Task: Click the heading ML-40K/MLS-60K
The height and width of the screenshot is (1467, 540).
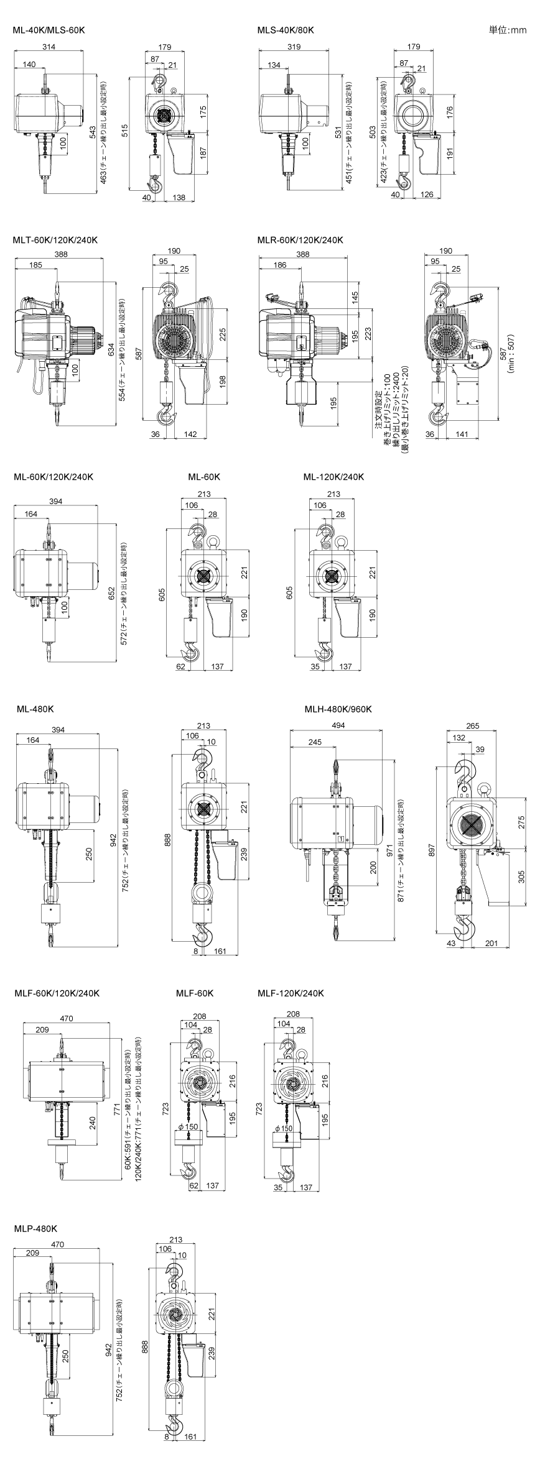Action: (49, 30)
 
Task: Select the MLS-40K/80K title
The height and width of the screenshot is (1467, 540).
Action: (286, 30)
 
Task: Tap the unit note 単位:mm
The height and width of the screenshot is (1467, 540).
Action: (508, 30)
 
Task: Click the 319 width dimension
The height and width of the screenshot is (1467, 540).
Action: (296, 47)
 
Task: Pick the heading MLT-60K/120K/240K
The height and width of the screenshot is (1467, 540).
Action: (55, 240)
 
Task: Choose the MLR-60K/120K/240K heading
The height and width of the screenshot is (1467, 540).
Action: (300, 240)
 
